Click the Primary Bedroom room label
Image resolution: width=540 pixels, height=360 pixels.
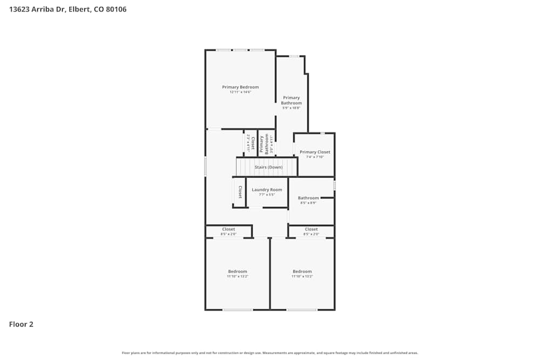coord(240,87)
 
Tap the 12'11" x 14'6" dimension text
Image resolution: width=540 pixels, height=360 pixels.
coord(240,92)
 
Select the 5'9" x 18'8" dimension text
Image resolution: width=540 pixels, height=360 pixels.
coord(291,108)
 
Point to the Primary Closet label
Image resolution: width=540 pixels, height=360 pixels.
coord(315,152)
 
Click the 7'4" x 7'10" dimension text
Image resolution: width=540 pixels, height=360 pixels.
coord(315,157)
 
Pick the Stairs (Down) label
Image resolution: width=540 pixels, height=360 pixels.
coord(268,167)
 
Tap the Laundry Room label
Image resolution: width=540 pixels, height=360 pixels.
coord(267,189)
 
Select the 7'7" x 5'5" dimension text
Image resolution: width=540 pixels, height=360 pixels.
coord(267,194)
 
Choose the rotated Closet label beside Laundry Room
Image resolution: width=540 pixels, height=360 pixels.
coord(240,192)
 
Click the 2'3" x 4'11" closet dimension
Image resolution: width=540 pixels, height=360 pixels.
coord(248,143)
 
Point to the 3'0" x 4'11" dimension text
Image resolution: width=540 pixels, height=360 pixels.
coord(272,144)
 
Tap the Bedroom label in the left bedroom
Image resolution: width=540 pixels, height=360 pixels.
coord(237,271)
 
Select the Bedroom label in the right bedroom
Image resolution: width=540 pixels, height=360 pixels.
coord(302,271)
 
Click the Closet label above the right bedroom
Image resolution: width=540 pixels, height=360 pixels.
coord(311,229)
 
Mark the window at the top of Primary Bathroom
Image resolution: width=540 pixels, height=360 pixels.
coord(294,56)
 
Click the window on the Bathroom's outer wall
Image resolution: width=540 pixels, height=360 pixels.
coord(334,186)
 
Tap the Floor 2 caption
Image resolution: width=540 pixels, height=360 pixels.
coord(21,324)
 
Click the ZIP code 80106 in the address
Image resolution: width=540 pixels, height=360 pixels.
coord(116,9)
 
